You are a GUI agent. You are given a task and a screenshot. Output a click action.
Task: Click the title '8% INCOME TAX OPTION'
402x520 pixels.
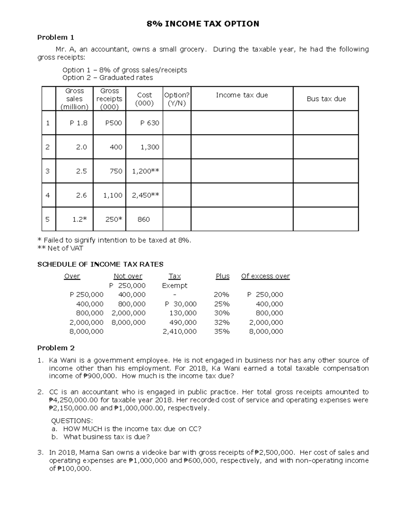[203, 24]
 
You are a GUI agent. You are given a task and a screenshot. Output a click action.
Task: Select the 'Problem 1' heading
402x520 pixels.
[56, 37]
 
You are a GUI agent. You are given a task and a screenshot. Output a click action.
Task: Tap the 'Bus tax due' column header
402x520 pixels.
[326, 99]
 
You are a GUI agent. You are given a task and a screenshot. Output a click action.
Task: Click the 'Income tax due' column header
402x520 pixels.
[242, 95]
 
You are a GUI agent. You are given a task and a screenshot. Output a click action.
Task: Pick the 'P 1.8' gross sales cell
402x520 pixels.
[78, 123]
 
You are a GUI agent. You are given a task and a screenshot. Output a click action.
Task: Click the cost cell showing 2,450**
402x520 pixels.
[145, 195]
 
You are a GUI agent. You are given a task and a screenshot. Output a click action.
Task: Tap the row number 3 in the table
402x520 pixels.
[48, 171]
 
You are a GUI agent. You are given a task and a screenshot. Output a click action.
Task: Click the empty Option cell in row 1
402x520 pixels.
[177, 123]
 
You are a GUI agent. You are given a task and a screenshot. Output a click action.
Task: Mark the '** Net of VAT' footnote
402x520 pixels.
[60, 248]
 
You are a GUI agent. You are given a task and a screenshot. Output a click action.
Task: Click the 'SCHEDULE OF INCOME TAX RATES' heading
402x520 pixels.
[100, 264]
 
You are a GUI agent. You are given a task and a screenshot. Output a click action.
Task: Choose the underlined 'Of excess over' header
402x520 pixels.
[265, 276]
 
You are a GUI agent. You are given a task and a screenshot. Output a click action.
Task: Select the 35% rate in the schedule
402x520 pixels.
[222, 331]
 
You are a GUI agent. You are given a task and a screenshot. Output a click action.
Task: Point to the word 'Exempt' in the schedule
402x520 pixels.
[175, 286]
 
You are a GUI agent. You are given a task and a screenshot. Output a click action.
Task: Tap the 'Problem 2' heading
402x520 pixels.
[56, 348]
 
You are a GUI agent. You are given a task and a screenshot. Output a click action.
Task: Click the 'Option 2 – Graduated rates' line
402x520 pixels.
[108, 78]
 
